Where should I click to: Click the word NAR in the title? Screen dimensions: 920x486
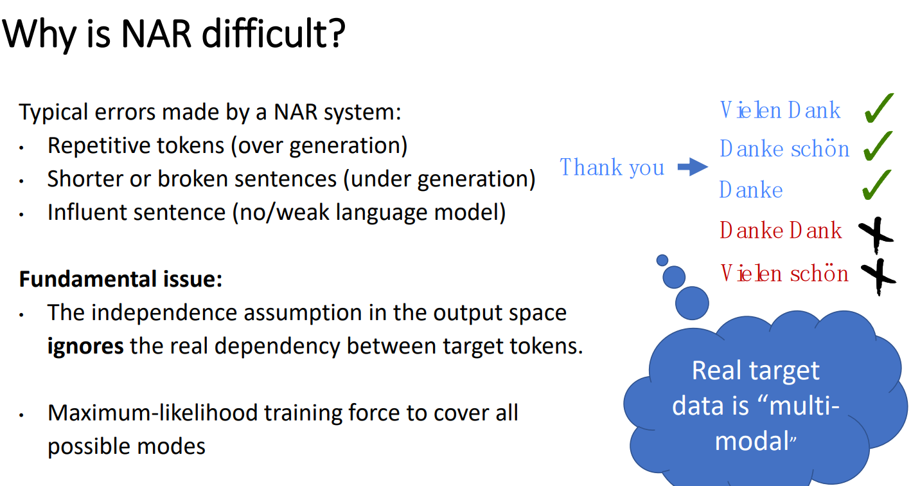point(157,34)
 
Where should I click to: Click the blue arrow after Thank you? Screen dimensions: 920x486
point(693,166)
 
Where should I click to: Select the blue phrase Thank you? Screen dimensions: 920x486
point(612,167)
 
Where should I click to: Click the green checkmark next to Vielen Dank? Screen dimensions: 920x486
point(878,108)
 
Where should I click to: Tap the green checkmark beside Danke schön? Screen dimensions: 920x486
point(878,147)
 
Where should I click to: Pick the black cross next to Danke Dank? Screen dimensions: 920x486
point(876,235)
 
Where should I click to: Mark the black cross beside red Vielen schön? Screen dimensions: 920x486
point(878,276)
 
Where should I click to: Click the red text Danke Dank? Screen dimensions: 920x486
point(781,230)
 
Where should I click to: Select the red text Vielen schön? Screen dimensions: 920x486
point(784,273)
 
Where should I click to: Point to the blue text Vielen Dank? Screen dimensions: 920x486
point(781,110)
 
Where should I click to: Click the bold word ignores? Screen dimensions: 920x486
point(85,346)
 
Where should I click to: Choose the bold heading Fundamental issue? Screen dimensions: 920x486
point(121,279)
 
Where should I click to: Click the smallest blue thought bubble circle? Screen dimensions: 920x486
point(662,260)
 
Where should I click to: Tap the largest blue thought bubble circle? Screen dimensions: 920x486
point(692,303)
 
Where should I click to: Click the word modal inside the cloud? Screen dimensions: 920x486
point(752,441)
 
